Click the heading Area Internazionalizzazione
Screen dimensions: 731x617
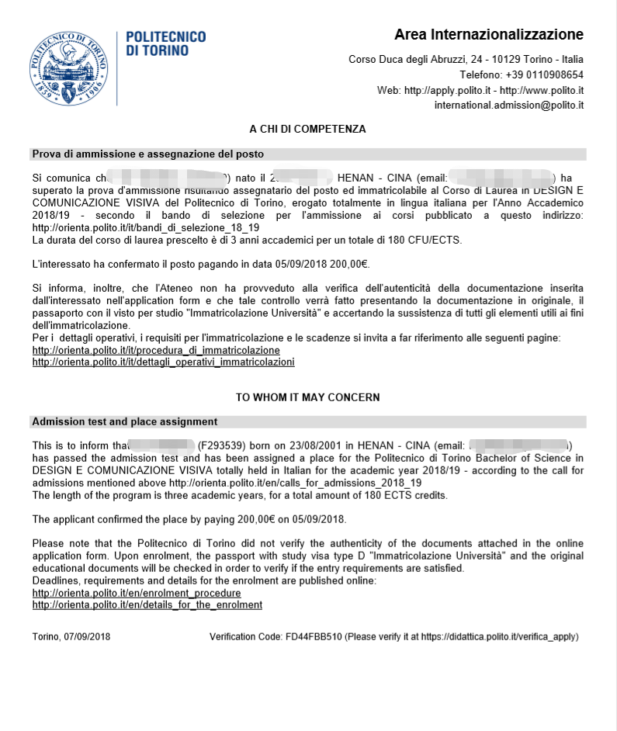pyautogui.click(x=488, y=35)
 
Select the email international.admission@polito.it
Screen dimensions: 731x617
pyautogui.click(x=508, y=105)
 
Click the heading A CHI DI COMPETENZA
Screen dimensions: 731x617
pyautogui.click(x=307, y=129)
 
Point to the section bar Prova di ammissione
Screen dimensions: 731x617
pyautogui.click(x=147, y=154)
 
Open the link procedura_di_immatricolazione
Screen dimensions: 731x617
pyautogui.click(x=156, y=350)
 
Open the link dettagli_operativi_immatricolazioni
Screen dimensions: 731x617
pyautogui.click(x=163, y=362)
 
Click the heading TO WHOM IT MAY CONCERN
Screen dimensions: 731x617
pyautogui.click(x=307, y=397)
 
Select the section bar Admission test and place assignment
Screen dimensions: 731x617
pyautogui.click(x=124, y=422)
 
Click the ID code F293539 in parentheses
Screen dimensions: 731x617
pyautogui.click(x=223, y=445)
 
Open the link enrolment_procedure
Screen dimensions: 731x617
pyautogui.click(x=137, y=593)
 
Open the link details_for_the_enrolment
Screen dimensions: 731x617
pyautogui.click(x=147, y=605)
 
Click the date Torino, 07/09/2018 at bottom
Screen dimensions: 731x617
pyautogui.click(x=71, y=636)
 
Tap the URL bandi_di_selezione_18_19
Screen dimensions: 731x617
pyautogui.click(x=146, y=228)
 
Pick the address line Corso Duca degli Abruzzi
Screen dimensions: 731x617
pyautogui.click(x=466, y=60)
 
